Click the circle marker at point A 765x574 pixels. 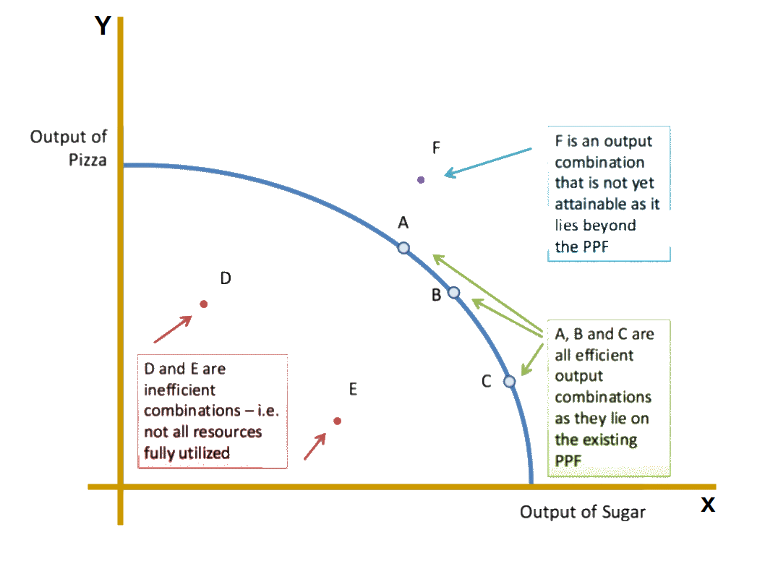click(403, 248)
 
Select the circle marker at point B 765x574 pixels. click(454, 292)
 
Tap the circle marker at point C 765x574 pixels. click(509, 381)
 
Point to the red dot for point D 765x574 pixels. click(204, 304)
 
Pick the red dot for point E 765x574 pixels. click(337, 421)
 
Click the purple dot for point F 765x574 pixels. click(422, 179)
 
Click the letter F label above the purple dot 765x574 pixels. click(437, 148)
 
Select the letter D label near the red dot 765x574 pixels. click(226, 278)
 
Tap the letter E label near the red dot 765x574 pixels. click(353, 390)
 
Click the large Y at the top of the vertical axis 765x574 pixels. click(103, 26)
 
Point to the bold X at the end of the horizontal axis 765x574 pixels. click(708, 505)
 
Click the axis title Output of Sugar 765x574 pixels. click(582, 513)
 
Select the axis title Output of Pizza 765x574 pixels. click(69, 148)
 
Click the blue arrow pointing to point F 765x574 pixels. click(488, 161)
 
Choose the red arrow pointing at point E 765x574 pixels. click(315, 445)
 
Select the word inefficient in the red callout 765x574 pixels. click(179, 390)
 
